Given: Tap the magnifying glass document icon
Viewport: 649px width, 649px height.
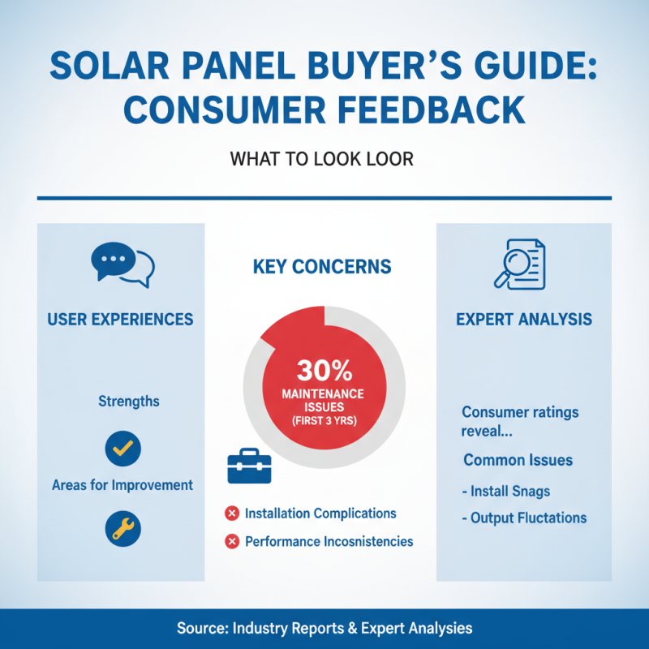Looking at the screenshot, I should pyautogui.click(x=520, y=263).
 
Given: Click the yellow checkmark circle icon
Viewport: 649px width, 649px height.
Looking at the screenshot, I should pyautogui.click(x=123, y=448).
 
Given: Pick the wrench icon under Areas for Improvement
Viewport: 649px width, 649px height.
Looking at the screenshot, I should pyautogui.click(x=123, y=529).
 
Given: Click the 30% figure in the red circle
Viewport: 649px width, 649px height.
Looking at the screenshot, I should pyautogui.click(x=324, y=370).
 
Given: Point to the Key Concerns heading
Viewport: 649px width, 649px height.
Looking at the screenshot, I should pyautogui.click(x=322, y=267).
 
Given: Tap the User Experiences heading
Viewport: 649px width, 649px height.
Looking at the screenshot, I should pyautogui.click(x=120, y=319).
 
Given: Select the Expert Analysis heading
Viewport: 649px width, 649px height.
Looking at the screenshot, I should pyautogui.click(x=523, y=319).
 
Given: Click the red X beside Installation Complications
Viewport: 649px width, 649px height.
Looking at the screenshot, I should pyautogui.click(x=231, y=514).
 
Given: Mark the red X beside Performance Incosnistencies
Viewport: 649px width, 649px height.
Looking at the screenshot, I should pyautogui.click(x=231, y=541).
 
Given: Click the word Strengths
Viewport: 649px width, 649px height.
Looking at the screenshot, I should pyautogui.click(x=128, y=402).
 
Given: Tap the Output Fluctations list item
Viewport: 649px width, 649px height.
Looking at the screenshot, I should pyautogui.click(x=523, y=518).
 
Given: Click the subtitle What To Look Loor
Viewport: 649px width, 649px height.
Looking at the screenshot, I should pyautogui.click(x=322, y=159).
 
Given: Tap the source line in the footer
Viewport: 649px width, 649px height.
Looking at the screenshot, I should pyautogui.click(x=324, y=628).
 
